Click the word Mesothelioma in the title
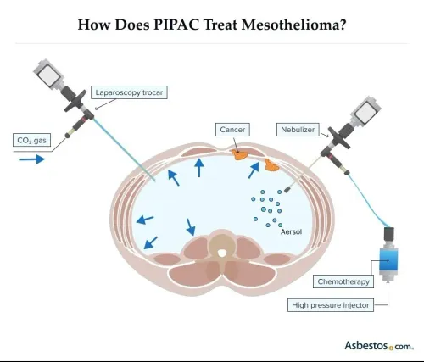click(x=293, y=25)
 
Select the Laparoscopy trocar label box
click(x=129, y=92)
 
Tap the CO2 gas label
click(x=31, y=140)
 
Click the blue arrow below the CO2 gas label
click(x=32, y=159)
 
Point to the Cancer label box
click(x=232, y=130)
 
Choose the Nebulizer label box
click(x=298, y=130)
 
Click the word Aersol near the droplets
click(x=291, y=231)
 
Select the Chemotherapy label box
click(x=343, y=281)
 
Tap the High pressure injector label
click(x=331, y=305)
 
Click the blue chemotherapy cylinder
click(x=388, y=259)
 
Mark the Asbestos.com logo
click(x=379, y=346)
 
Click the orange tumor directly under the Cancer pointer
click(x=239, y=155)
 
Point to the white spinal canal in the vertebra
click(x=222, y=253)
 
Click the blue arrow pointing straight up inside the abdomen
click(x=199, y=168)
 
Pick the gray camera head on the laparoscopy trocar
click(x=47, y=74)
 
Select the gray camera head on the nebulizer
click(x=365, y=111)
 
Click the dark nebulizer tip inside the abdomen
click(x=287, y=189)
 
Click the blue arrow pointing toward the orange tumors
click(x=254, y=170)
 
